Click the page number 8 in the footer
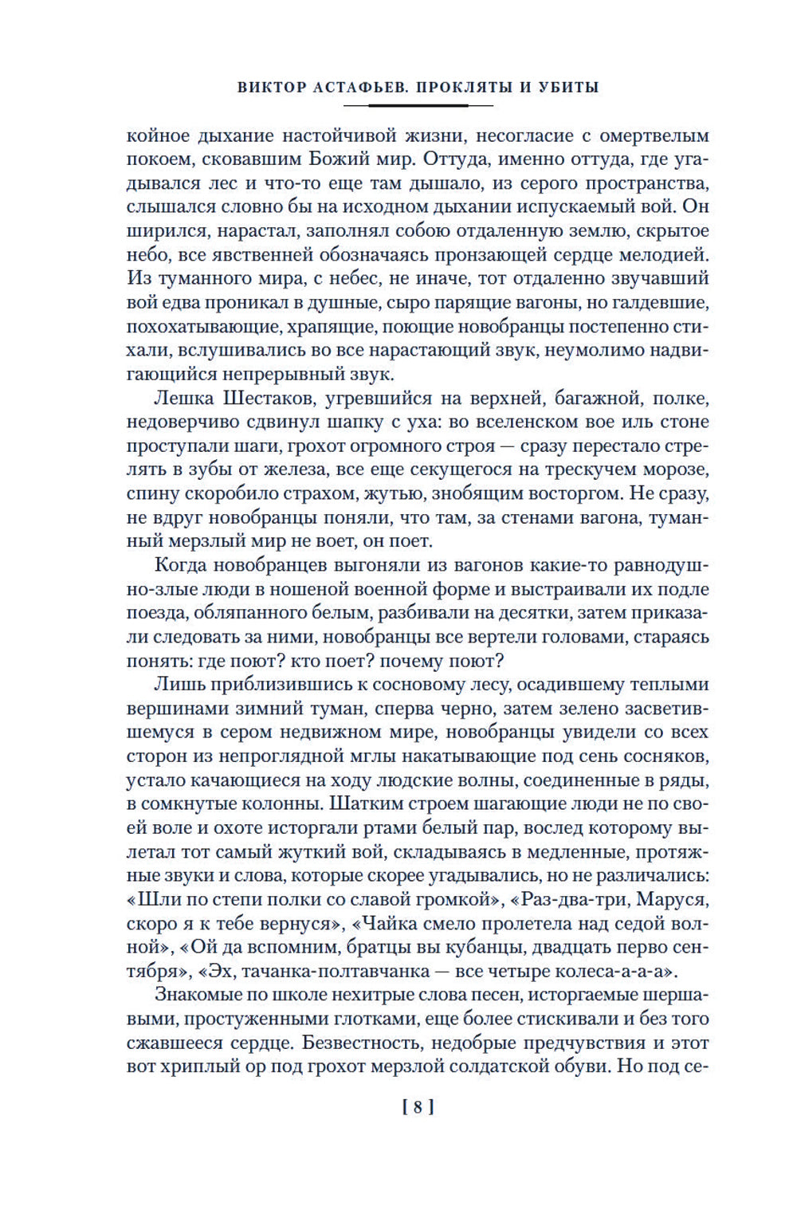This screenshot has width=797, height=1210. pos(418,1106)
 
